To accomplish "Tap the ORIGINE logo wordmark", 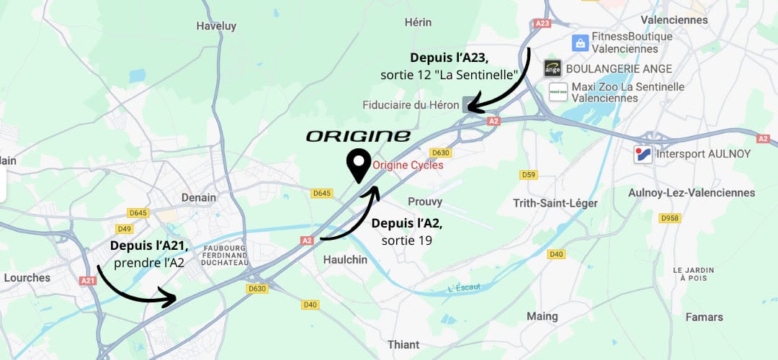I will (x=358, y=136).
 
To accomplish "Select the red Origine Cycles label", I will (x=407, y=165).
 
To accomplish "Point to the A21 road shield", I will (x=88, y=281).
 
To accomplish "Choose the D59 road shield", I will (x=529, y=175).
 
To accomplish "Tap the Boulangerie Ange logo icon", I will (x=552, y=68).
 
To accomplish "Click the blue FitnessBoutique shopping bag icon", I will (x=578, y=42).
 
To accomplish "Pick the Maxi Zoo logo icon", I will (x=558, y=92).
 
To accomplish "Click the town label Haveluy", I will (x=217, y=26).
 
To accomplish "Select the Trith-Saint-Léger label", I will (x=555, y=203).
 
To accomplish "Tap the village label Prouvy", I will (x=425, y=202).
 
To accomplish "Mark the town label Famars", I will (x=705, y=317).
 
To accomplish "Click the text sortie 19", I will (x=407, y=240).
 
